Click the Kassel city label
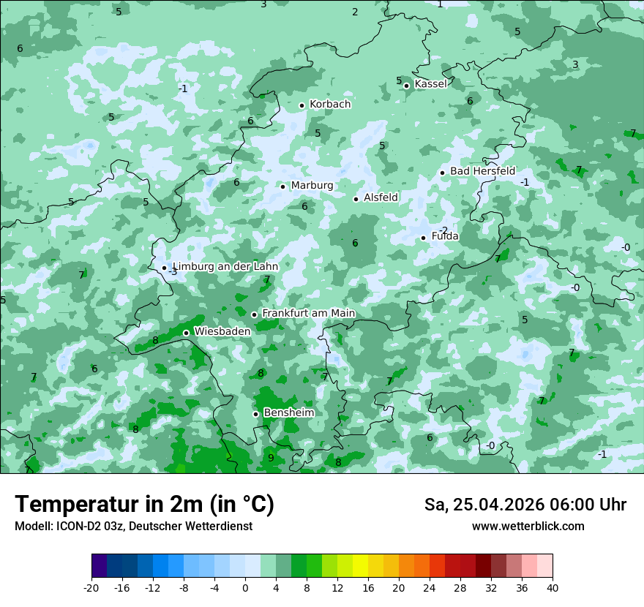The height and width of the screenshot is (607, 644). [430, 84]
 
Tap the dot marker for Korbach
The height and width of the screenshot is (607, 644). [302, 105]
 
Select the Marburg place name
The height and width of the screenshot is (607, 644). [312, 186]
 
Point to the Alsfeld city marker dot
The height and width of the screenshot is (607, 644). [356, 199]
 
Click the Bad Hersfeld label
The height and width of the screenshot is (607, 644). [482, 171]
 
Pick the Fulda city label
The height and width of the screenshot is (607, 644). [445, 236]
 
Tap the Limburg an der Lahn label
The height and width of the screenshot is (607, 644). [225, 267]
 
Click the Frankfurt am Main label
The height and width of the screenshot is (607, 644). [308, 314]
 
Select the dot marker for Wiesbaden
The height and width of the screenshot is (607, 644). [186, 333]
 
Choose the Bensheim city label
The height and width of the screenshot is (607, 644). [288, 413]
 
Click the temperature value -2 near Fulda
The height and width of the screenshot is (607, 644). [443, 230]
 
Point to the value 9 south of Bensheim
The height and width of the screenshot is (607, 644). [271, 458]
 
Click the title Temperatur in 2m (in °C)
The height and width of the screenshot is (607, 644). [144, 505]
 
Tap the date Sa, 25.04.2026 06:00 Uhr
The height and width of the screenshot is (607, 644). [525, 505]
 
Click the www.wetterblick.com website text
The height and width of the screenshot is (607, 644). [528, 527]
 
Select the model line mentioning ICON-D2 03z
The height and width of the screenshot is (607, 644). [133, 527]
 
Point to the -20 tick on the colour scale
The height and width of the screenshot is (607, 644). [91, 588]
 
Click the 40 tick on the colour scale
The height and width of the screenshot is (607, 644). [553, 588]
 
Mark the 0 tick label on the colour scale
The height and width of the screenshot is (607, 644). [245, 588]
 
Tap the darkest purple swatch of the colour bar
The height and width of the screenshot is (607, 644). [100, 566]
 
